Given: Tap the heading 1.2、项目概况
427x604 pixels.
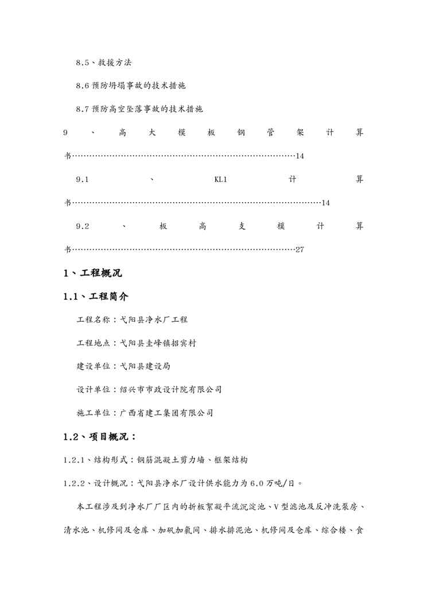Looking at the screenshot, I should [x=99, y=436].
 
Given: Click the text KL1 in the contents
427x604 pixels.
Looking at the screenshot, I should [x=221, y=179].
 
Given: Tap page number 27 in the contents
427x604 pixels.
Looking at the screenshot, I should [x=300, y=250].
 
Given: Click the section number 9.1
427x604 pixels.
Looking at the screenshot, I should [x=83, y=179].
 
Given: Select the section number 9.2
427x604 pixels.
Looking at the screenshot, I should [x=83, y=226].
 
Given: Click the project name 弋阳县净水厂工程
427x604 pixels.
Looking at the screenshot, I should [x=154, y=319].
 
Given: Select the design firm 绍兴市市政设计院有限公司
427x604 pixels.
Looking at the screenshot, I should [x=171, y=389].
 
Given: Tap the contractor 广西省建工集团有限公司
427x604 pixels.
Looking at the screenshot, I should [x=167, y=412].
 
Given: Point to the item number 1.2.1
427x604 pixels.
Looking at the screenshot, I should [x=74, y=460].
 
